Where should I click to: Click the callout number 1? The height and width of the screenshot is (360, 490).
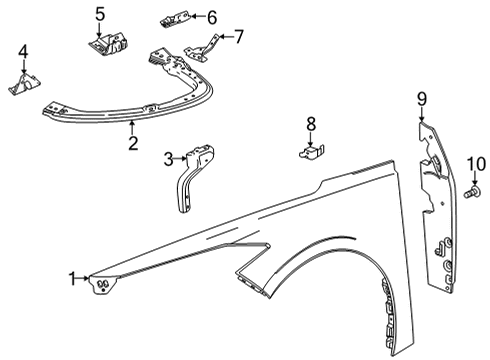[72, 277]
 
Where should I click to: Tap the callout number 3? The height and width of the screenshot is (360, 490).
[169, 157]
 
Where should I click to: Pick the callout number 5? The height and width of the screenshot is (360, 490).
[100, 14]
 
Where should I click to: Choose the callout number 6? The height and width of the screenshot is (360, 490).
[211, 16]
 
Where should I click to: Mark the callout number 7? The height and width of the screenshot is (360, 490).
[239, 36]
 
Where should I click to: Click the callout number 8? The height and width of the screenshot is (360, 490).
[310, 124]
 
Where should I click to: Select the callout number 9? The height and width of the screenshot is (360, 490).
[422, 97]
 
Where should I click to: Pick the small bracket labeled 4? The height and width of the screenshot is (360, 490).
[22, 84]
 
